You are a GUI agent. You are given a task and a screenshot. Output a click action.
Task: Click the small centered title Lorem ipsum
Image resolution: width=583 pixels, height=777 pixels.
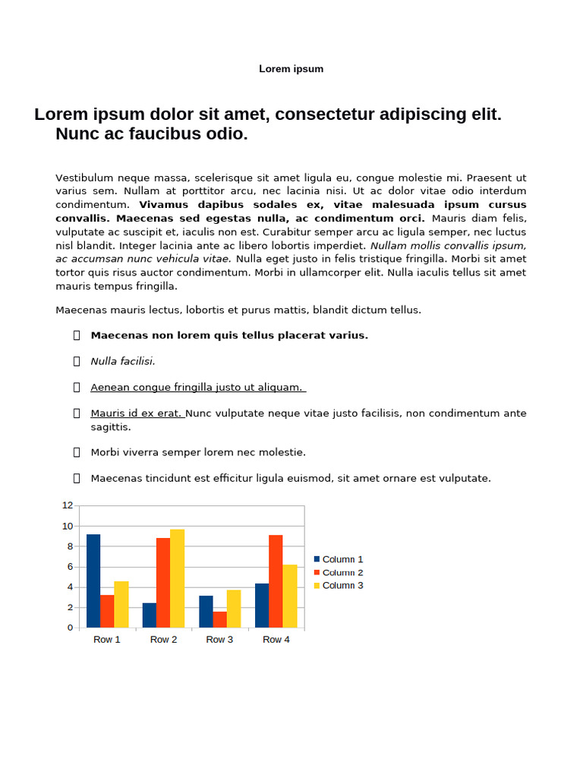click(x=291, y=69)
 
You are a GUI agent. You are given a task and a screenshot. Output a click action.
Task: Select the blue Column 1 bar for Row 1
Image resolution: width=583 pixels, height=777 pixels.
click(x=93, y=580)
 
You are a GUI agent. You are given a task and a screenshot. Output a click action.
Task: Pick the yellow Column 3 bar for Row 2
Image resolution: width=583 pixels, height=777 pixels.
click(x=177, y=578)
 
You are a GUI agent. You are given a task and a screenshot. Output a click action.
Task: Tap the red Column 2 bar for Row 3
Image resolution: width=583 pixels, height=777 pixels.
click(x=219, y=619)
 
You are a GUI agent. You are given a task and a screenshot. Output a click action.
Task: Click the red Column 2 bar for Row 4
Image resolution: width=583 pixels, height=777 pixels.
click(x=276, y=581)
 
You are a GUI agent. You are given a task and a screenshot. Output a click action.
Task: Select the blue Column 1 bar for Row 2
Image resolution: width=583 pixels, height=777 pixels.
click(x=150, y=615)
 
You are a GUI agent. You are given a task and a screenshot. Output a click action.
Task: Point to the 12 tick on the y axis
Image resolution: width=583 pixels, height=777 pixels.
click(x=68, y=505)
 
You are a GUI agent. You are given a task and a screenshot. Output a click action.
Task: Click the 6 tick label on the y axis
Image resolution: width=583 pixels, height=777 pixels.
click(x=69, y=567)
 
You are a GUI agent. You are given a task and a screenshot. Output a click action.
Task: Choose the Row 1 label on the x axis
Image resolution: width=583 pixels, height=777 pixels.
click(x=107, y=640)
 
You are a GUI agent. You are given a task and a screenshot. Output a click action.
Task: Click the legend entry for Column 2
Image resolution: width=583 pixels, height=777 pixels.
click(x=342, y=572)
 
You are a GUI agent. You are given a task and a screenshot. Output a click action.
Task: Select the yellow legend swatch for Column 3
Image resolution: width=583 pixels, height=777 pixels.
click(x=317, y=585)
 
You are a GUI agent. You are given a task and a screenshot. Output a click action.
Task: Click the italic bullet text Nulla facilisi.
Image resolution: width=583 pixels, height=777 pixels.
click(x=123, y=361)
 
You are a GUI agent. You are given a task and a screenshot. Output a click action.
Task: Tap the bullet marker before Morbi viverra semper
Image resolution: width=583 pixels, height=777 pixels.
click(x=77, y=452)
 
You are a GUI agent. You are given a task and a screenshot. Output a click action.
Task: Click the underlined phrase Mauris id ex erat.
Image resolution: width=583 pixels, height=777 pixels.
click(x=137, y=414)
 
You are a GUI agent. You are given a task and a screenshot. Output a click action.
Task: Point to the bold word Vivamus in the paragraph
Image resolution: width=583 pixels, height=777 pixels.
click(x=162, y=205)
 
